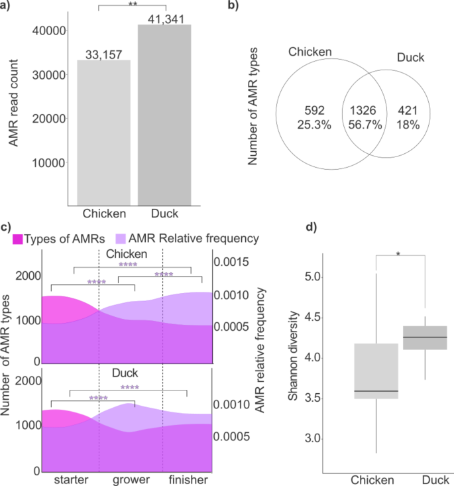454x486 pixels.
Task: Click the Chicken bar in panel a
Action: coord(104,133)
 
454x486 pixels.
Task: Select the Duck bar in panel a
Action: coord(164,115)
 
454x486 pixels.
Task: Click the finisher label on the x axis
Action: coord(188,479)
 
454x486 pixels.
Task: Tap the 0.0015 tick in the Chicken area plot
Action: coord(233,263)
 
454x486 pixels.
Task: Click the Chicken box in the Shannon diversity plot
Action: coord(375,371)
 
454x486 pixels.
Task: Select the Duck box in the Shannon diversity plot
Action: coord(424,337)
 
